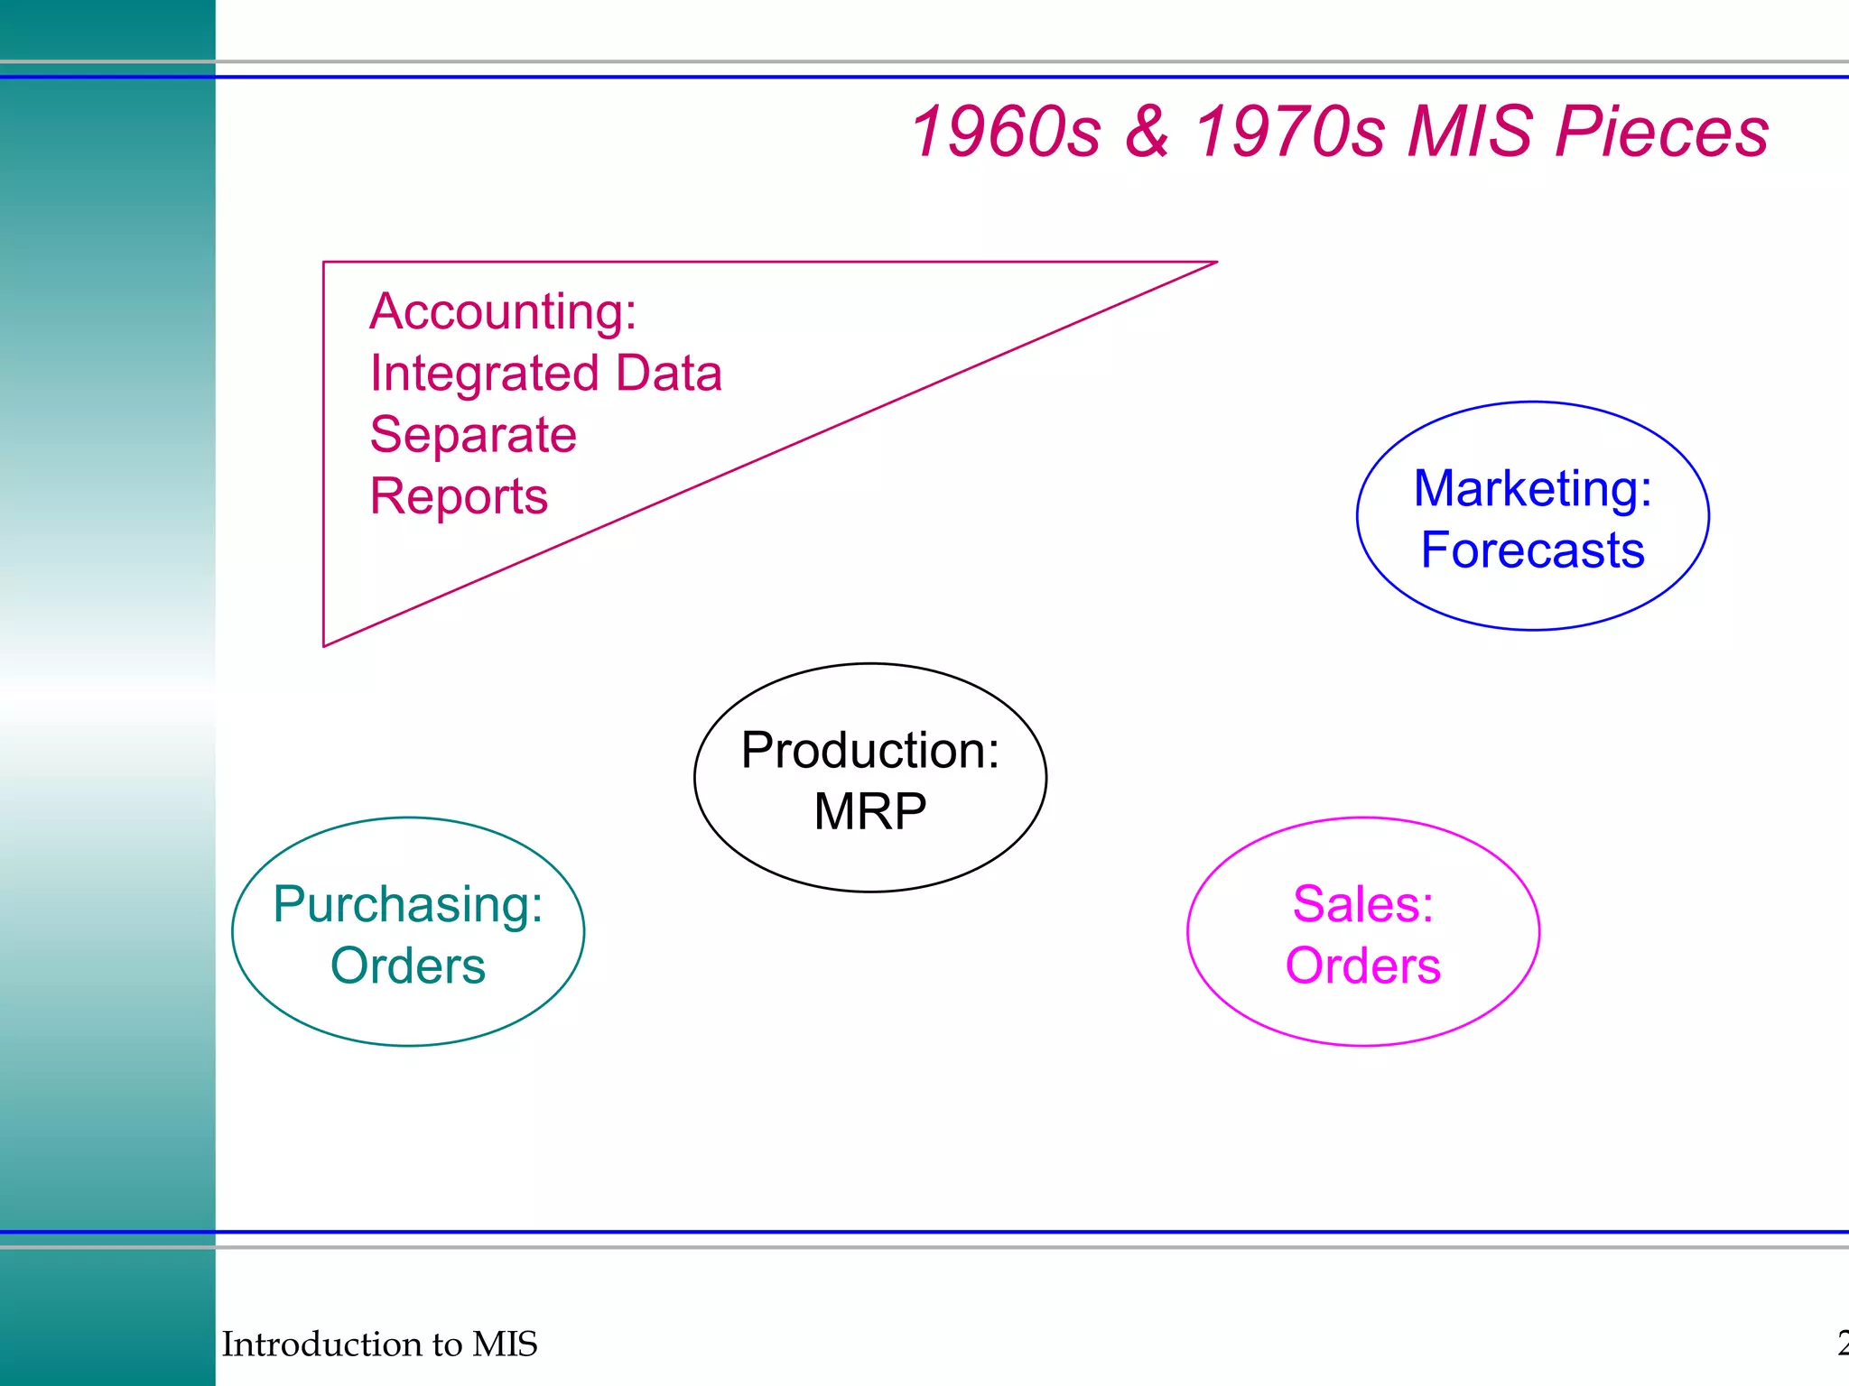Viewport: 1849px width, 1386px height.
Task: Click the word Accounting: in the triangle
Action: tap(503, 312)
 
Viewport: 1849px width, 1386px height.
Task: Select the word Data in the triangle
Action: tap(668, 374)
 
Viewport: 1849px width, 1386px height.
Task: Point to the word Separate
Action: tap(473, 435)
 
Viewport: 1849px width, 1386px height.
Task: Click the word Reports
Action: tap(459, 496)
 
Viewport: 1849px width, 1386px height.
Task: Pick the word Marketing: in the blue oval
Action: tap(1532, 489)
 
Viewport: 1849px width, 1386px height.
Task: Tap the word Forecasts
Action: tap(1532, 550)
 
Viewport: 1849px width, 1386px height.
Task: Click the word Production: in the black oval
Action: tap(870, 751)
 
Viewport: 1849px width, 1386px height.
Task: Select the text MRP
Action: tap(869, 811)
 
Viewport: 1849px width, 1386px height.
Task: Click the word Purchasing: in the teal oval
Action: tap(408, 904)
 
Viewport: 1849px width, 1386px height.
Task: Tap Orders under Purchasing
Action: tap(408, 966)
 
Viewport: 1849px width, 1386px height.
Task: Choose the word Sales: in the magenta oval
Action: tap(1362, 904)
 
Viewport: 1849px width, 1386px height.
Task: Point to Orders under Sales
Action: tap(1362, 966)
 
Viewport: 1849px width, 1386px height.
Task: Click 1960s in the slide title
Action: tap(1006, 132)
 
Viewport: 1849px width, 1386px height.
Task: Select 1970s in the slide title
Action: tap(1290, 132)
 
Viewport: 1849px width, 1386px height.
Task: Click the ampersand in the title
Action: tap(1147, 132)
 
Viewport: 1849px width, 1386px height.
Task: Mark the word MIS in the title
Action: tap(1470, 132)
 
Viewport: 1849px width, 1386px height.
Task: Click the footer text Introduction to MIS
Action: tap(379, 1344)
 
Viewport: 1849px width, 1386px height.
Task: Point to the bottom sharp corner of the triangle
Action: tap(325, 644)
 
